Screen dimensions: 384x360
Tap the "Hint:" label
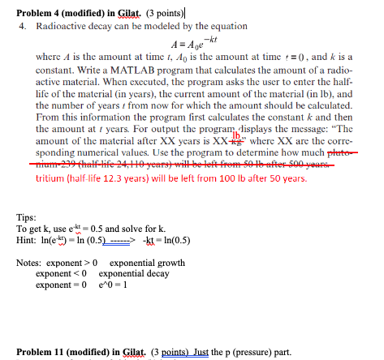(27, 238)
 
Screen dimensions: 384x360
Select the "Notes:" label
(29, 262)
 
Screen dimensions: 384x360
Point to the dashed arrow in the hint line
(123, 238)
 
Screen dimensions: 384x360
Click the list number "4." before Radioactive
(23, 27)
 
